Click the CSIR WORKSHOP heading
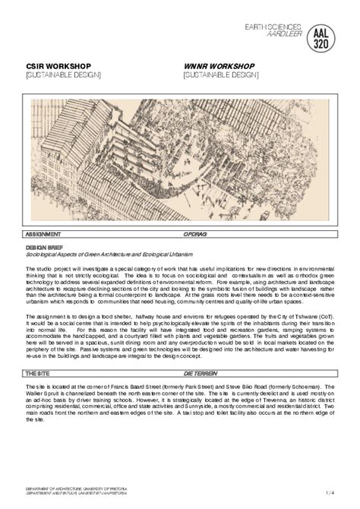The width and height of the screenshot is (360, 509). [55, 66]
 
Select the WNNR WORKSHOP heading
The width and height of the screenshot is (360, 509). [219, 66]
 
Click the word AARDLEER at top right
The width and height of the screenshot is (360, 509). [283, 35]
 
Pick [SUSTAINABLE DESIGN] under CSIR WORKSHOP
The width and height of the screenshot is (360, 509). [63, 75]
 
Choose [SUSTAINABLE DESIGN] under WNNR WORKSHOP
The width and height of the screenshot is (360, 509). [221, 75]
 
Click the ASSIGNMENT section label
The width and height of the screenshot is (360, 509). [43, 235]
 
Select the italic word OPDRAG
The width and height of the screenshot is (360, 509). [195, 235]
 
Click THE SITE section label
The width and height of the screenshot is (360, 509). [38, 375]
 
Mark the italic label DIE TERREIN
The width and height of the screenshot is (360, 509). [199, 375]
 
